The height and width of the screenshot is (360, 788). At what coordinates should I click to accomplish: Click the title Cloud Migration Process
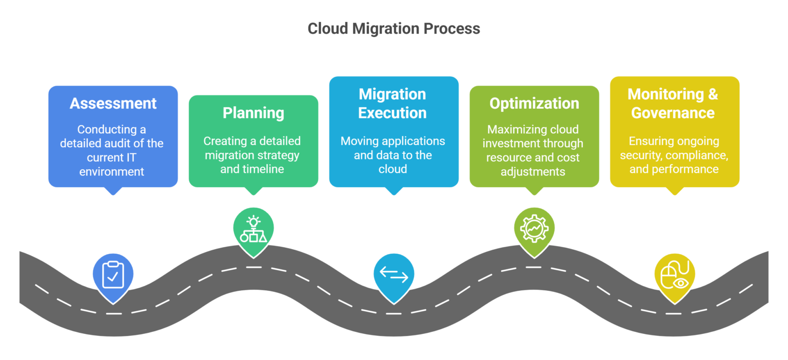click(x=393, y=29)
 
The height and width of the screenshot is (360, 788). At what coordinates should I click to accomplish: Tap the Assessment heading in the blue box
click(x=113, y=103)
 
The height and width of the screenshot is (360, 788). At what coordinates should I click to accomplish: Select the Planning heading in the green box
click(x=253, y=113)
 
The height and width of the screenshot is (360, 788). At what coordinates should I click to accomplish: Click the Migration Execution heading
click(x=393, y=104)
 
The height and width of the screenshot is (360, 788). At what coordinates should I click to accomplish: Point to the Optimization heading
click(x=534, y=103)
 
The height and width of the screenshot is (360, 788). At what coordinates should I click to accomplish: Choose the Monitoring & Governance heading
click(x=673, y=104)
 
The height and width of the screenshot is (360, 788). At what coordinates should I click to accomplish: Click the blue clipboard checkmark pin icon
click(x=113, y=275)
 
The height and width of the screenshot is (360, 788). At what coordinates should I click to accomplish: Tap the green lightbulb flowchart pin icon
click(x=253, y=229)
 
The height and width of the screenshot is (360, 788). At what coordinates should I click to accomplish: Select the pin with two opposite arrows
click(x=393, y=275)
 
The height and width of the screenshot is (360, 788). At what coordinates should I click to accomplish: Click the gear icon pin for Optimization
click(x=534, y=229)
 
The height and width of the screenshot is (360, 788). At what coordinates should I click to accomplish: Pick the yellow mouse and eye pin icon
click(x=674, y=275)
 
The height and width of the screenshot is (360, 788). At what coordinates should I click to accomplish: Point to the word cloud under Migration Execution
click(x=393, y=169)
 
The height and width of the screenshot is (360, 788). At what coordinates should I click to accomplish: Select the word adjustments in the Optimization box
click(x=534, y=172)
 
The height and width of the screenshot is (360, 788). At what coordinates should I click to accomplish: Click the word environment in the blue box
click(x=112, y=172)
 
